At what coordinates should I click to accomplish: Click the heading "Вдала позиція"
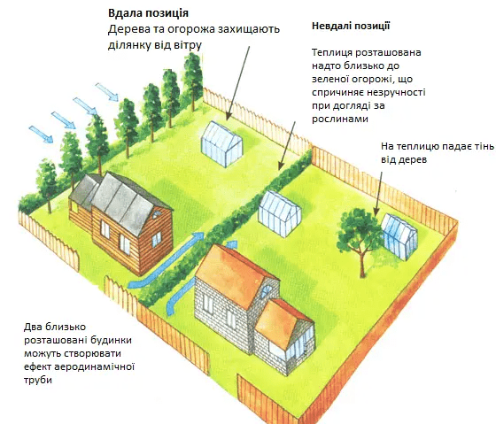148,13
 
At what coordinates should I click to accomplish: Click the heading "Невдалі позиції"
351,26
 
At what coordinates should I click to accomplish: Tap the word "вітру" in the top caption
187,45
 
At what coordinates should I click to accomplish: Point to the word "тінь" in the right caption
484,146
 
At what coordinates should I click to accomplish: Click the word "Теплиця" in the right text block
332,52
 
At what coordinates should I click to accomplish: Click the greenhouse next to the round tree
399,235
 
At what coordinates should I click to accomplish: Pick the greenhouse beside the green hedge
279,213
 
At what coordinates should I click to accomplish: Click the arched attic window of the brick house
267,291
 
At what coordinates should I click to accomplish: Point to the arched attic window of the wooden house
157,215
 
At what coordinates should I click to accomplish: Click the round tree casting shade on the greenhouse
359,234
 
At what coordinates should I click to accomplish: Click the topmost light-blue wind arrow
107,92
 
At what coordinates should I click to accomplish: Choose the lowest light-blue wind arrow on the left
41,134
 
